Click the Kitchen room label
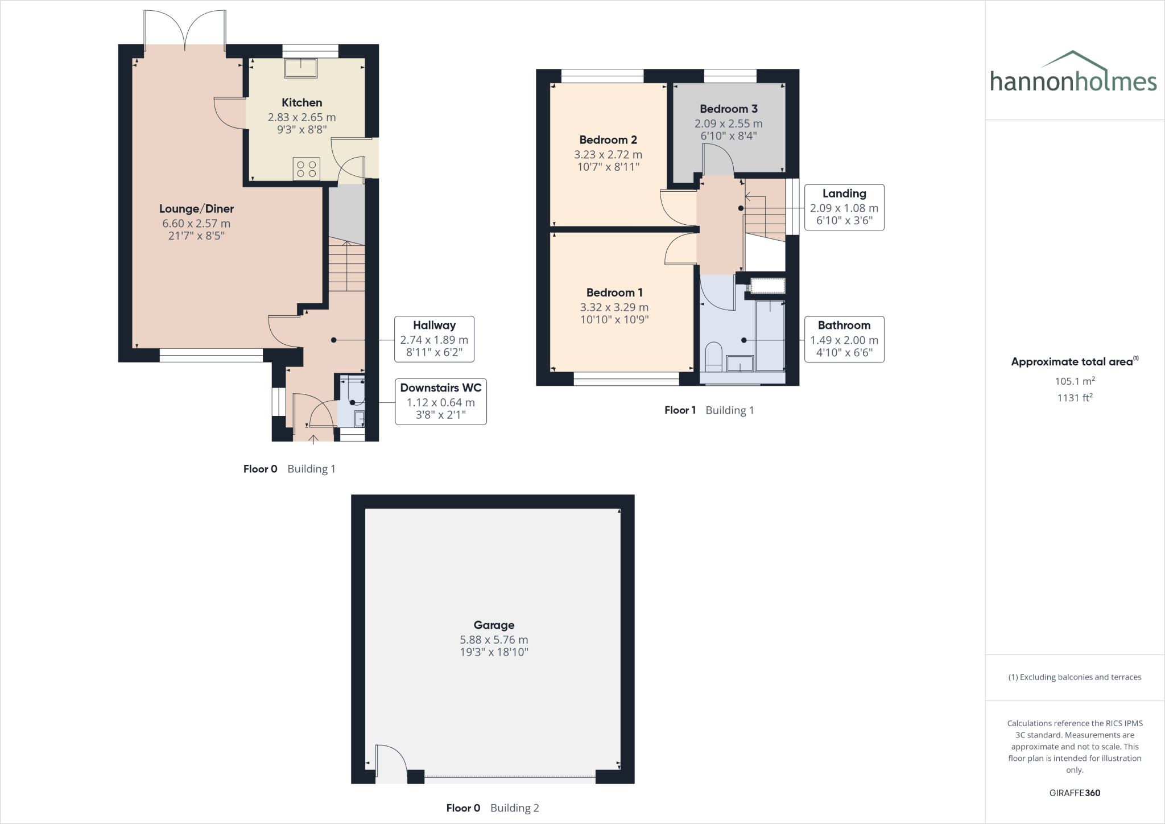[301, 102]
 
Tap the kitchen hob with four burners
[307, 169]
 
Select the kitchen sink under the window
[301, 68]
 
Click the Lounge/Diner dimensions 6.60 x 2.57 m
[196, 224]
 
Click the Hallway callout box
[434, 339]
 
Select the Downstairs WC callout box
[440, 402]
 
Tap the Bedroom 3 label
[728, 109]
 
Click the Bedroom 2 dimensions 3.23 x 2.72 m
[608, 154]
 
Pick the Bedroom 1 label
[614, 292]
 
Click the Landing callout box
[844, 207]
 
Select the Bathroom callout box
[844, 339]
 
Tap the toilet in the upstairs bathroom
[713, 356]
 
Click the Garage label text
[494, 625]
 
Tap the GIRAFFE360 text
[1075, 793]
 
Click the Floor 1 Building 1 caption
[709, 410]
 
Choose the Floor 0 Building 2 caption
[492, 808]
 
